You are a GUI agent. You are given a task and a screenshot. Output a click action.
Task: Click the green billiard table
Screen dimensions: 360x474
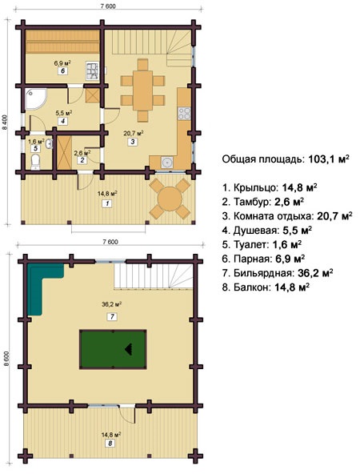tap(113, 349)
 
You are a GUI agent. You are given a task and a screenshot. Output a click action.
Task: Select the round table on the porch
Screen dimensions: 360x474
tap(170, 199)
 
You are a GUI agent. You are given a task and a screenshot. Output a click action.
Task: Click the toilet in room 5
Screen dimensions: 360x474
tap(36, 162)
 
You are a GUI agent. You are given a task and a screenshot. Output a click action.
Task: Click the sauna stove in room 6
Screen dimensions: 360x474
tap(92, 70)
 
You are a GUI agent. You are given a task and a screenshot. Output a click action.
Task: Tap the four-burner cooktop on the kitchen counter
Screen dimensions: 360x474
tap(184, 114)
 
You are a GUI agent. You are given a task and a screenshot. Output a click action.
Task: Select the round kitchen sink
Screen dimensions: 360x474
tap(166, 163)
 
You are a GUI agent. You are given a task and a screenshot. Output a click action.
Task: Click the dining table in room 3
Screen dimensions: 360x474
tap(142, 90)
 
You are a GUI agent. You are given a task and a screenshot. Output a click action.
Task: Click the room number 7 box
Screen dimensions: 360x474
tap(112, 316)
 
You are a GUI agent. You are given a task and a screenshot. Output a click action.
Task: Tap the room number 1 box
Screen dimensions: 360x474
tap(107, 203)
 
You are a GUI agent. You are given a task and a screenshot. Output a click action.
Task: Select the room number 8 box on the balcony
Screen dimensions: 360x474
tap(110, 443)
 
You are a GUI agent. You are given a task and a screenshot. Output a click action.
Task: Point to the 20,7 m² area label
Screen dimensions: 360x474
tap(133, 133)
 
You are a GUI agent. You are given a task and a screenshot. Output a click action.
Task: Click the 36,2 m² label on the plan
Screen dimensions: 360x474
tap(111, 304)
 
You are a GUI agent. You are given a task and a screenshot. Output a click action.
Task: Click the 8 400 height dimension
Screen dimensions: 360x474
tap(4, 123)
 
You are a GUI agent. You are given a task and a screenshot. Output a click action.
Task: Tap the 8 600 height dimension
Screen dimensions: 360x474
tap(6, 359)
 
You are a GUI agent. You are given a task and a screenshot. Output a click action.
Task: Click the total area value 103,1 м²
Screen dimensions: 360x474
tap(329, 159)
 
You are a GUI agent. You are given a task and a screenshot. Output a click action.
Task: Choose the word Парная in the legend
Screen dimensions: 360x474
tap(251, 259)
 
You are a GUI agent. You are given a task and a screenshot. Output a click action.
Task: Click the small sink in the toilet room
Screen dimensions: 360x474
tap(50, 144)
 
